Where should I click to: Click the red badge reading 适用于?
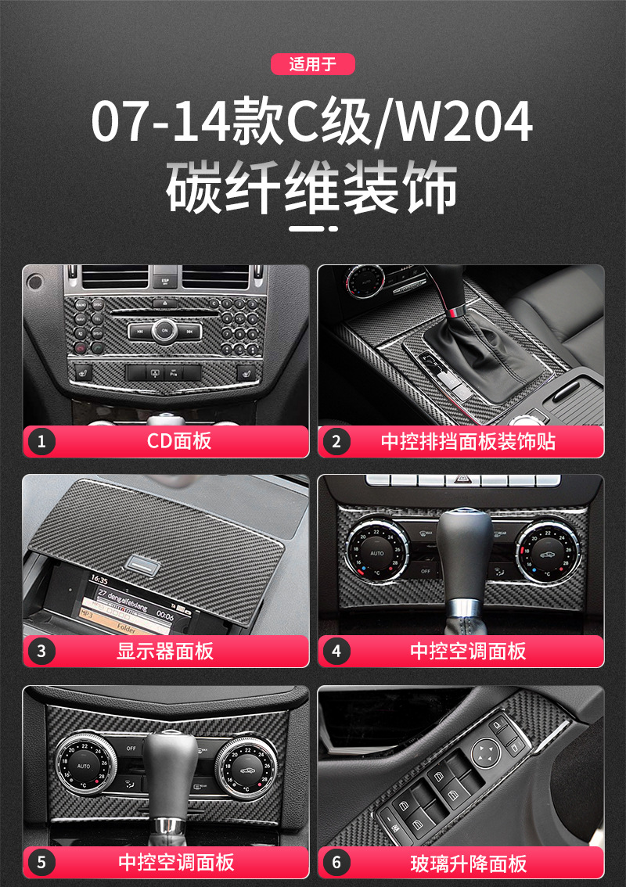click(x=312, y=64)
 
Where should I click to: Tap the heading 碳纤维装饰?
click(x=312, y=189)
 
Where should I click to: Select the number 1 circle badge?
click(x=41, y=442)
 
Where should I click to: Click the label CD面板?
click(x=179, y=442)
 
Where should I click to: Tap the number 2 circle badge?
click(x=336, y=442)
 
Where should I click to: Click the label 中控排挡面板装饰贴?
click(x=468, y=442)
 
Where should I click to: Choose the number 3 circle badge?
click(x=41, y=651)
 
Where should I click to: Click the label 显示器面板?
click(x=165, y=651)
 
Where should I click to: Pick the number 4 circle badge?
click(x=336, y=651)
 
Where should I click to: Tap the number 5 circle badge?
click(x=41, y=863)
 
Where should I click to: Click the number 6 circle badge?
click(x=336, y=863)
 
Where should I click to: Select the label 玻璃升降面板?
click(x=468, y=863)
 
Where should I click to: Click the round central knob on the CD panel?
click(x=164, y=330)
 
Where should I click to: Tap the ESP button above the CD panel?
click(x=165, y=278)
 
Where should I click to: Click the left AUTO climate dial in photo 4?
click(x=374, y=551)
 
